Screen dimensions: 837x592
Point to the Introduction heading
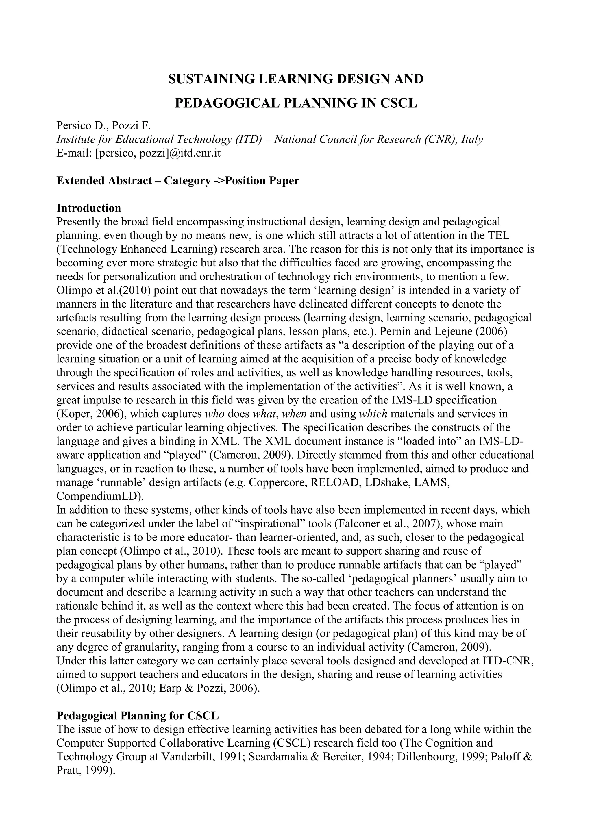88,208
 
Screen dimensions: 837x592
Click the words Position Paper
262,181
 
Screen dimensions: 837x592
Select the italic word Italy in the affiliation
472,139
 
